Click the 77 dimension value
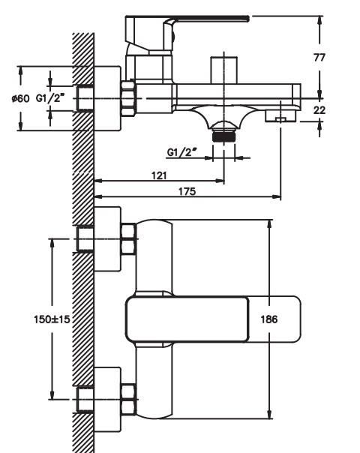[x=319, y=58]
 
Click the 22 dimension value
[x=319, y=110]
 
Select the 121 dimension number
[x=159, y=175]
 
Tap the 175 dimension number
[x=187, y=191]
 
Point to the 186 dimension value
[x=269, y=319]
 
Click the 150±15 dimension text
[x=52, y=319]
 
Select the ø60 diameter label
[x=20, y=98]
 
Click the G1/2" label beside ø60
[x=50, y=98]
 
